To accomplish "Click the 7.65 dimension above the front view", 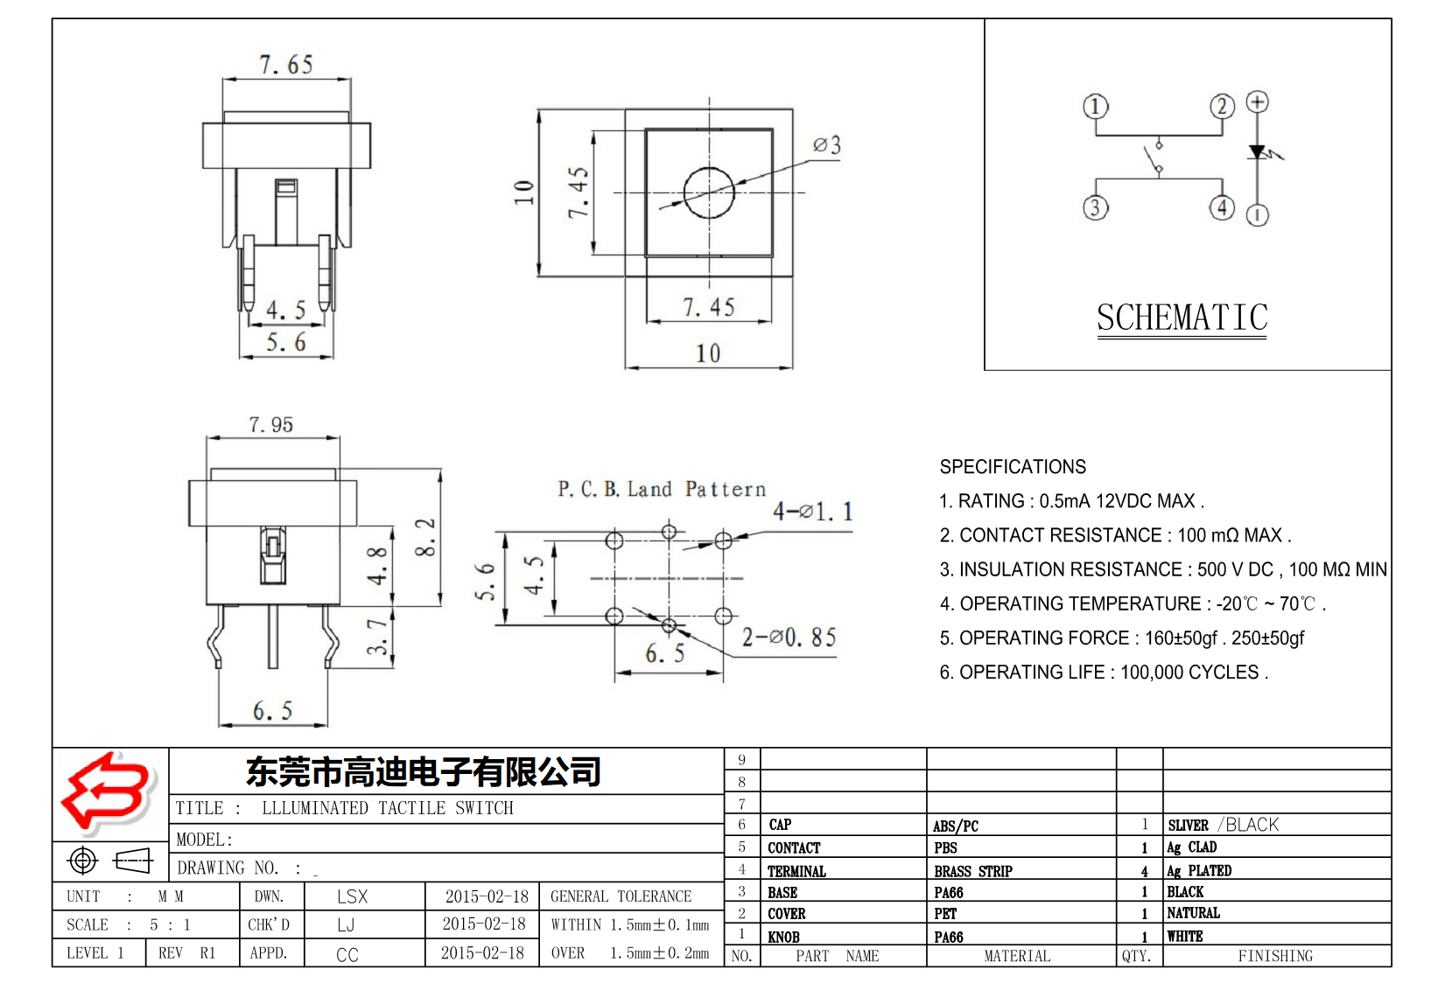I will tap(286, 65).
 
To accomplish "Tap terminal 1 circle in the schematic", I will tap(1096, 107).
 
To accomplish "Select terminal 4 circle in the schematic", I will tap(1222, 207).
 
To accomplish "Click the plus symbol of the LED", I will tap(1258, 102).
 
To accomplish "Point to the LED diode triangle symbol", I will tap(1258, 152).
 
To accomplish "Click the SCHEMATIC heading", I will tap(1182, 317).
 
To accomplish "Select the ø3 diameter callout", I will tap(826, 145).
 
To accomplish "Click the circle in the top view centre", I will tap(709, 192).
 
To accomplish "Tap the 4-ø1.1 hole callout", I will tap(812, 512).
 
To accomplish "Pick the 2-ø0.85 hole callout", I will tap(789, 638).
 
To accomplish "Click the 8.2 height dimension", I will tap(425, 538).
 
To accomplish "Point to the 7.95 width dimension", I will tap(271, 425).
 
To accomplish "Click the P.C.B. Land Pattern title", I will tap(662, 489).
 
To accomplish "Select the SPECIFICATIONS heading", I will tap(1013, 467).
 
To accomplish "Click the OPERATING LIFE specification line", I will tap(1103, 673).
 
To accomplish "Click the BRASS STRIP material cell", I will tap(972, 871).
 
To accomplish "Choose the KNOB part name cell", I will tap(784, 937).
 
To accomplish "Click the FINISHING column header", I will tap(1275, 956).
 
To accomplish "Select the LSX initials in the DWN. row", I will tap(352, 896).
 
